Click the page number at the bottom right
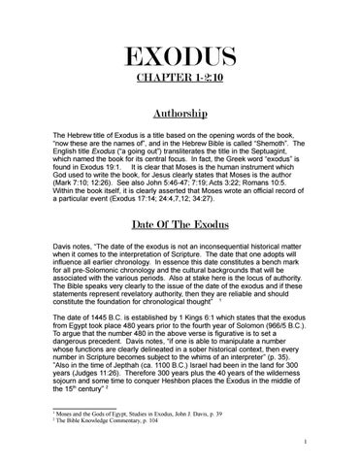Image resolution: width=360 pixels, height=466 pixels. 331,449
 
